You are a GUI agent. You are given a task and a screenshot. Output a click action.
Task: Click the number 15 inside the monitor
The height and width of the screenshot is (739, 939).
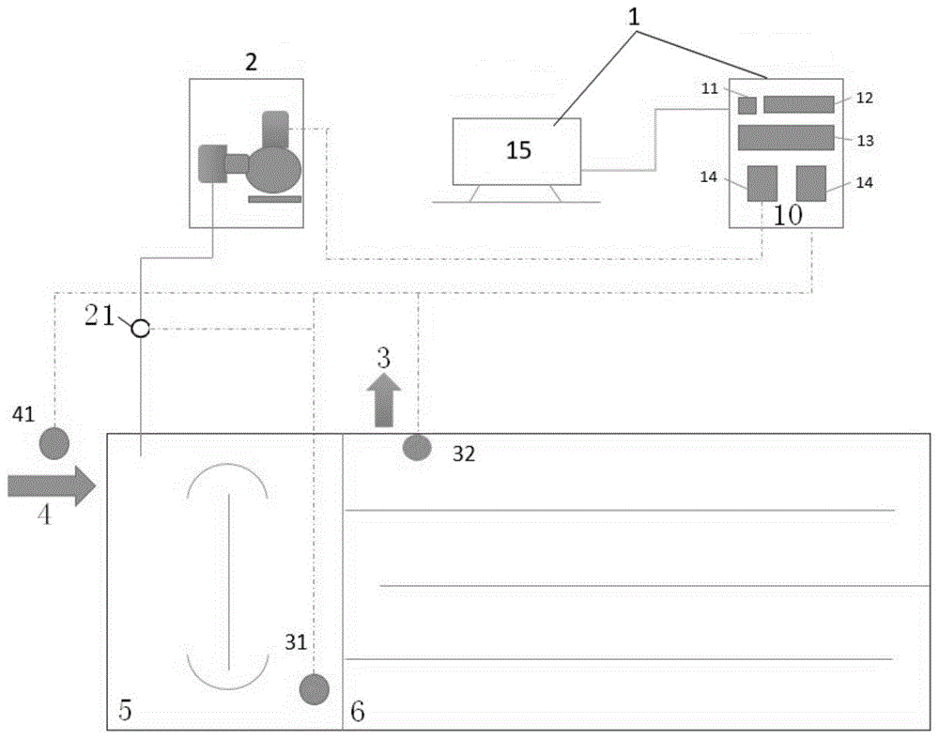click(518, 150)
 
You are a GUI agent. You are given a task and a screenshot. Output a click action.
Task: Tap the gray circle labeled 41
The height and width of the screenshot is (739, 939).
click(54, 442)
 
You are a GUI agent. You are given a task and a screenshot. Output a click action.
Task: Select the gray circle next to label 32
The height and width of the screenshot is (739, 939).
click(417, 448)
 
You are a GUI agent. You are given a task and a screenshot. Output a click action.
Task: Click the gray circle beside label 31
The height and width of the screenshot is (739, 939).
click(314, 689)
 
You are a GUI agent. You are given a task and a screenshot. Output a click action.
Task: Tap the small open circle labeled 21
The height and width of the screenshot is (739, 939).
click(140, 329)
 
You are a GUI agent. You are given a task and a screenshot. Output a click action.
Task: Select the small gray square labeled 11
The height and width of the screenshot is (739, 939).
click(747, 104)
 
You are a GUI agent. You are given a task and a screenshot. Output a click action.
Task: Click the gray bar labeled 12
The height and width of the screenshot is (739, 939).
click(798, 104)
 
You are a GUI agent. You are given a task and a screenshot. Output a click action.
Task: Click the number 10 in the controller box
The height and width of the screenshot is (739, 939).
click(787, 214)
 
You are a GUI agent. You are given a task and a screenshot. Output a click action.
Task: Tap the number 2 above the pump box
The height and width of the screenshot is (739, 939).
click(250, 62)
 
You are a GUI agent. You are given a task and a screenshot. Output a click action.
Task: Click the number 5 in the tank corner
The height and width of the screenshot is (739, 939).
click(126, 711)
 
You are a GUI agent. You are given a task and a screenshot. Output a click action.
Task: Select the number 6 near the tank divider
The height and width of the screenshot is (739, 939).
click(357, 712)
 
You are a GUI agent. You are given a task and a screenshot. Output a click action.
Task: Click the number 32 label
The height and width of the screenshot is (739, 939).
click(464, 454)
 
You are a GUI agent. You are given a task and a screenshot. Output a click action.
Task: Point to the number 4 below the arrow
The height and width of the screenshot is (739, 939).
click(43, 516)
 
